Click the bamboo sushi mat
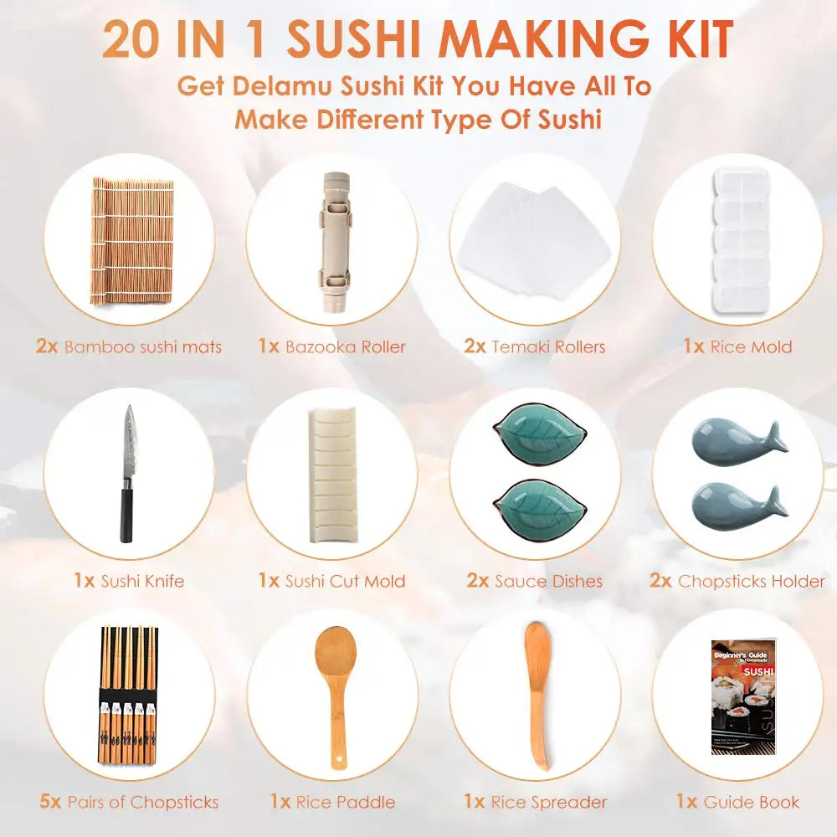[x=132, y=240]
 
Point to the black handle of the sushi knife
[x=126, y=515]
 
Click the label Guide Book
[x=752, y=802]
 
